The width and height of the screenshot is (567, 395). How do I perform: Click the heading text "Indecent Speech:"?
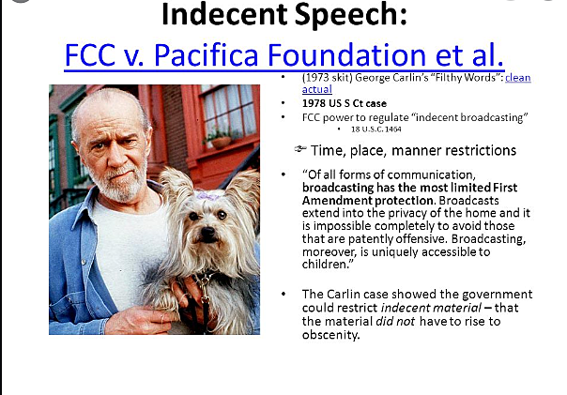point(282,16)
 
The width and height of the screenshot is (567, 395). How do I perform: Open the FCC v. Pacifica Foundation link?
point(284,53)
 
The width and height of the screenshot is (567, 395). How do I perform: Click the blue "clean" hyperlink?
point(517,78)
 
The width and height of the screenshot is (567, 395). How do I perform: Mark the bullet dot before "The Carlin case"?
point(284,294)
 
